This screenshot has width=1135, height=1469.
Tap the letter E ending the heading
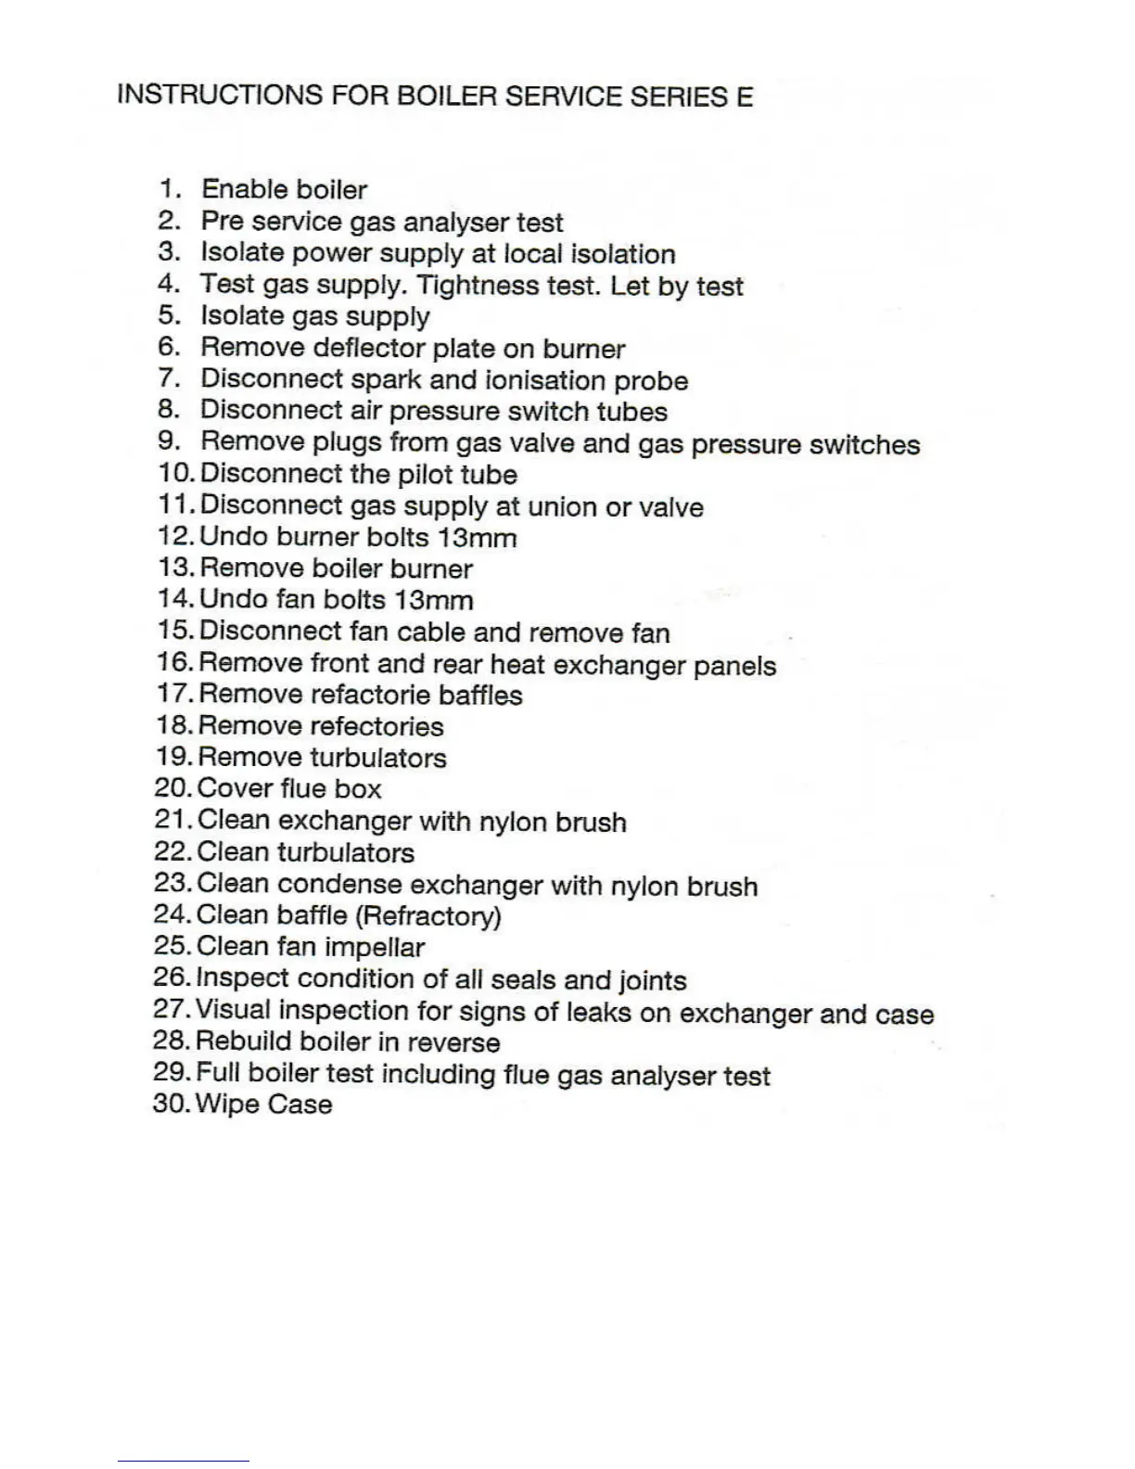(745, 96)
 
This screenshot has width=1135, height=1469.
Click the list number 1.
(170, 189)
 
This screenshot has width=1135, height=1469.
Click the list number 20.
(172, 788)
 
